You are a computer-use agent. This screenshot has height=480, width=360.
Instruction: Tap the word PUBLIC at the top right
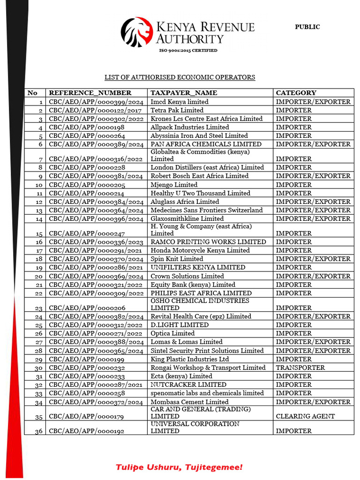point(307,27)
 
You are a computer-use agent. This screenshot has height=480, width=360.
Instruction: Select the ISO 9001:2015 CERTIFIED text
point(188,50)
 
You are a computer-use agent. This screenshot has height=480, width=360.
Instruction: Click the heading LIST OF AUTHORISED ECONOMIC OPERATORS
point(180,77)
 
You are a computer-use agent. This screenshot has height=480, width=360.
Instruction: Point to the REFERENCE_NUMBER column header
point(90,93)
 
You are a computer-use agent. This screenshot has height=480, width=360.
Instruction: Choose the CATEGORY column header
point(296,93)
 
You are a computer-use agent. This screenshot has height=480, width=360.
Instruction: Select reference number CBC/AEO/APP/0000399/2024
point(96,102)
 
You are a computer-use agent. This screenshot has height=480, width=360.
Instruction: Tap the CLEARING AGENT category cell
point(305,416)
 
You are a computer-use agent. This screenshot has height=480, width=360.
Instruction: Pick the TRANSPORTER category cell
point(300,367)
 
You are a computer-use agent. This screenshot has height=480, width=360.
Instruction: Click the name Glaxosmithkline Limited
point(187,218)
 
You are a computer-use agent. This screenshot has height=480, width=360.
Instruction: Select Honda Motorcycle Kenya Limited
point(200,250)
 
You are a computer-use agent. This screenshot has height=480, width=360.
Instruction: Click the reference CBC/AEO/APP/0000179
point(87,416)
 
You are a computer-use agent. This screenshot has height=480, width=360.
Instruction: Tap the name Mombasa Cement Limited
point(189,402)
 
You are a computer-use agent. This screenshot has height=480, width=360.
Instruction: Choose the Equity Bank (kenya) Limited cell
point(193,285)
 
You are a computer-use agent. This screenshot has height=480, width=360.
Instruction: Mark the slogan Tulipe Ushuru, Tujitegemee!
point(180,467)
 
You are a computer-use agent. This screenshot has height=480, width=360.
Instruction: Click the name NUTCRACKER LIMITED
point(181,384)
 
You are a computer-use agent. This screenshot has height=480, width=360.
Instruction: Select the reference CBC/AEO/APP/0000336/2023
point(96,242)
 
